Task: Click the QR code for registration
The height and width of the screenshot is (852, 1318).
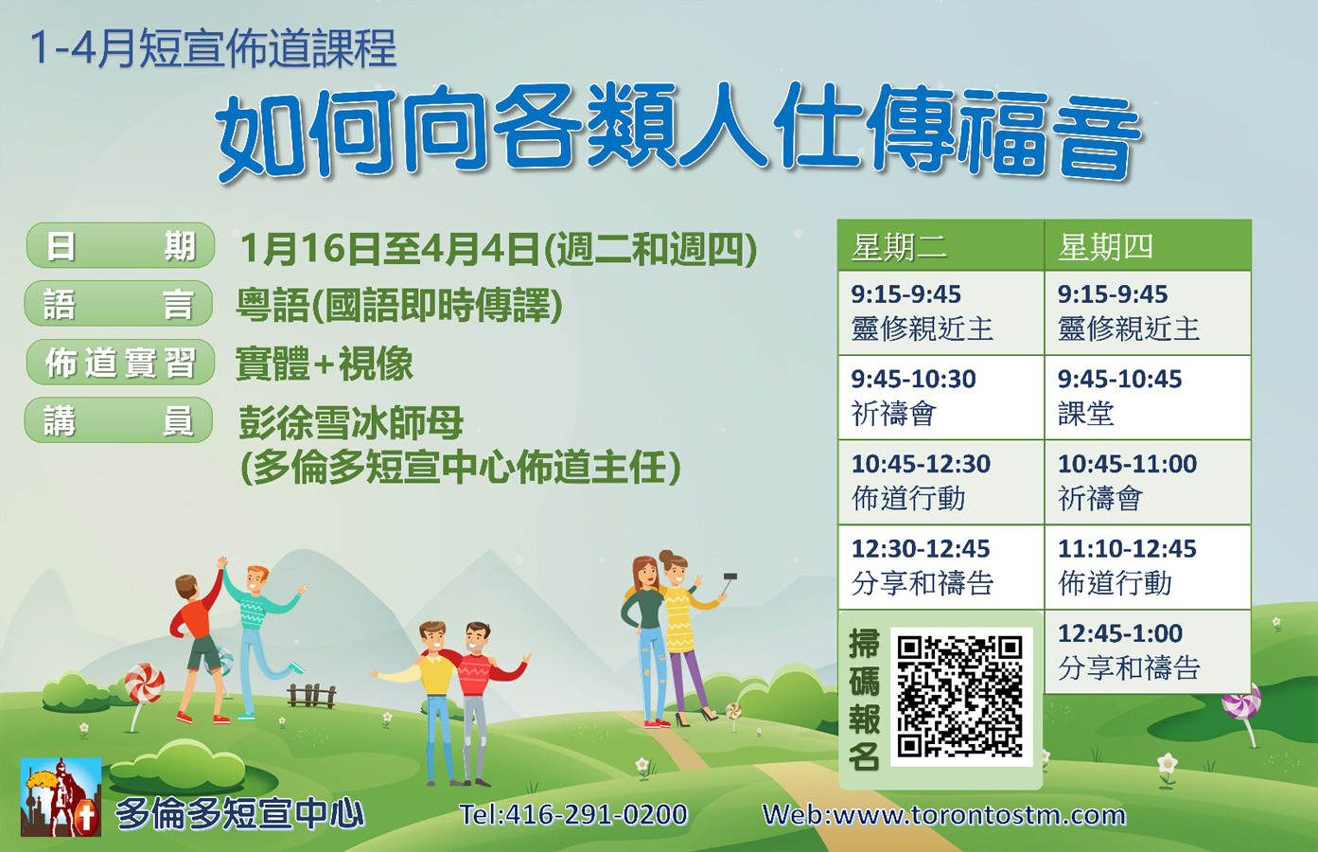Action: click(961, 697)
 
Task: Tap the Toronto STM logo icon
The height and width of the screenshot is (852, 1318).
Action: click(61, 797)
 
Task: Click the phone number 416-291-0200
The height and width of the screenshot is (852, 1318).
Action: click(596, 815)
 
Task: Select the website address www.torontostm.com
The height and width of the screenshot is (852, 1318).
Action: click(979, 815)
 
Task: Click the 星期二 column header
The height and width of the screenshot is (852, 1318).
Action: click(940, 245)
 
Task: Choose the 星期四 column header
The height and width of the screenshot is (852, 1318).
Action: click(1148, 245)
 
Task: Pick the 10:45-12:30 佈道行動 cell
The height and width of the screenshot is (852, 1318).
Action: click(940, 482)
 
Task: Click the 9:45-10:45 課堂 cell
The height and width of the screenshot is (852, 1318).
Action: click(1148, 398)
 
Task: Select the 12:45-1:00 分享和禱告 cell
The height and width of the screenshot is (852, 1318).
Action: click(1148, 652)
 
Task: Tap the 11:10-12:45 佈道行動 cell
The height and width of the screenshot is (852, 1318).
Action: click(1148, 567)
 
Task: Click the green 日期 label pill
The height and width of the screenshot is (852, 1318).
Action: click(120, 245)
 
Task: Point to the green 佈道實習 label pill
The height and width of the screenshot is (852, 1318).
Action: click(120, 362)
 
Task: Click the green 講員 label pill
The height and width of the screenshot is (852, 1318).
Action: click(118, 419)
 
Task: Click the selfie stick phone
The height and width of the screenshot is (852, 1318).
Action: click(730, 577)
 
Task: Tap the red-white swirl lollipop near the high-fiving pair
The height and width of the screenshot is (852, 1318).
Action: click(145, 683)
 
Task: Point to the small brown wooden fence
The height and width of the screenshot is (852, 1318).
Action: click(312, 696)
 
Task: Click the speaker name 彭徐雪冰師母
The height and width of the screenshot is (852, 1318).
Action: click(351, 422)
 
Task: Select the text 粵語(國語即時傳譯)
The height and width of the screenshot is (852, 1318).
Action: click(399, 305)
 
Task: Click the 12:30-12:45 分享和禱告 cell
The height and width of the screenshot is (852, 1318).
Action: click(940, 567)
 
